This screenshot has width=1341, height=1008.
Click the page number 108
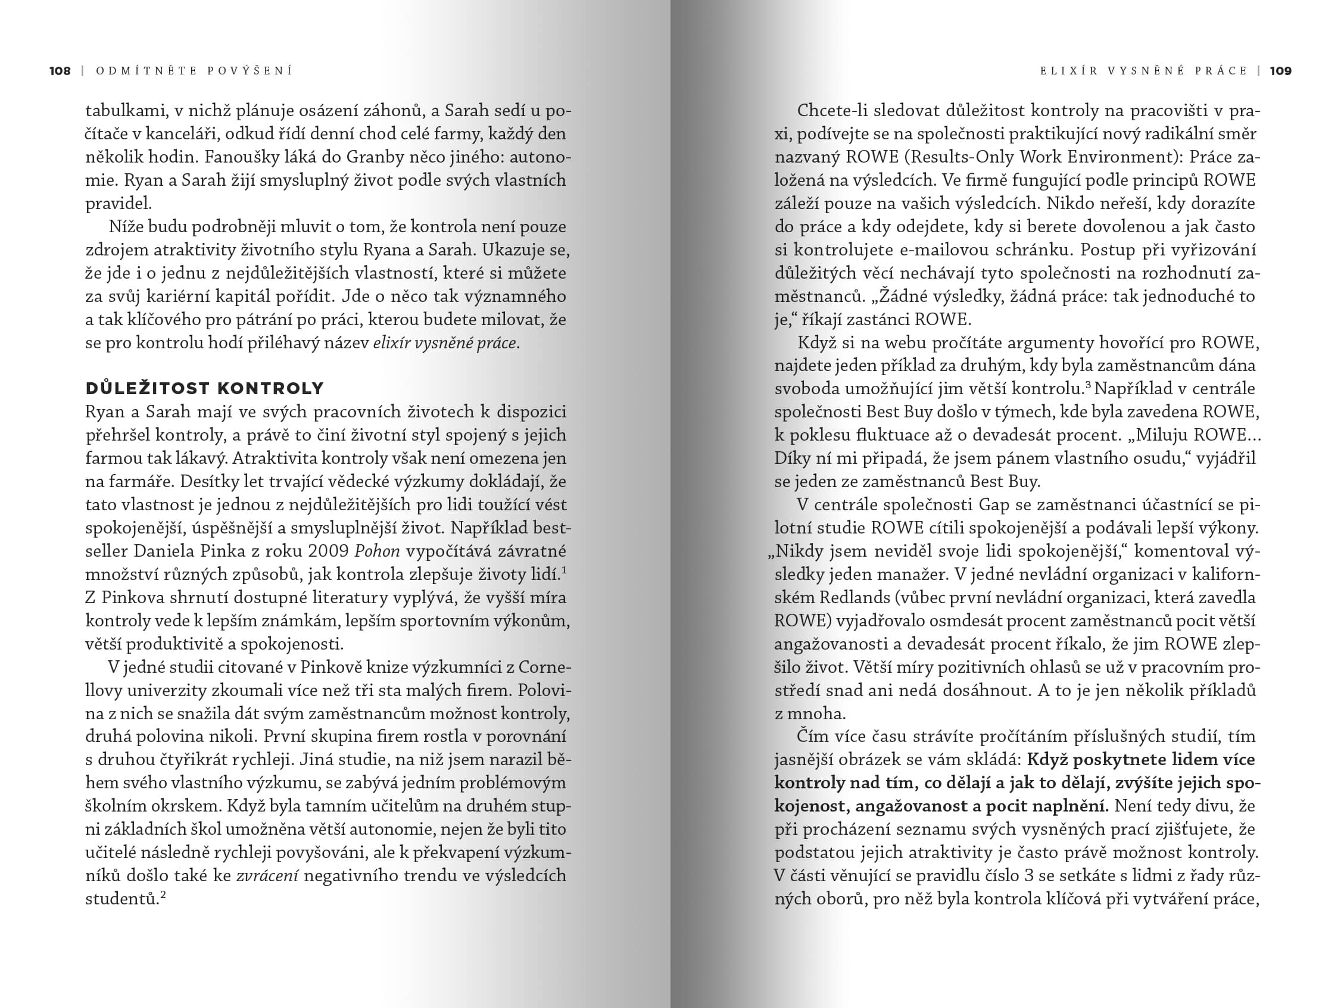coord(60,71)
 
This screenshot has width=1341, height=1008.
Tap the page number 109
coord(1280,71)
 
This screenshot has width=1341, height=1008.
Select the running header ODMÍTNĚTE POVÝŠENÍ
coord(194,71)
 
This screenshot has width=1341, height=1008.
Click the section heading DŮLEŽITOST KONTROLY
coord(205,388)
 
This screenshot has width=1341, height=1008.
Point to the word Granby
coord(375,157)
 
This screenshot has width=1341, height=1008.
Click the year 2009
coord(328,551)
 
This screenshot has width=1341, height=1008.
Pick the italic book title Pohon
coord(376,551)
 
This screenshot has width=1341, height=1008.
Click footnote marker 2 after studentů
coord(163,894)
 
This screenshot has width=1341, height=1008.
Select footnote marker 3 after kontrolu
coord(1088,384)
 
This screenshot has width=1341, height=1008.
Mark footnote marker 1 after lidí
coord(564,570)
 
